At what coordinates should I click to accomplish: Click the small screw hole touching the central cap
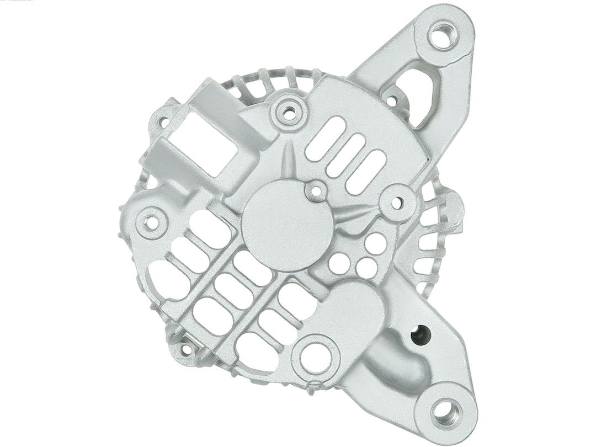point(316,191)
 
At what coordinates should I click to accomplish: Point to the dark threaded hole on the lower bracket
point(421,334)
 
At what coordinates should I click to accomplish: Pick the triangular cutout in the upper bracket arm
point(419,94)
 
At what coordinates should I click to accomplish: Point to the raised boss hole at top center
point(288,113)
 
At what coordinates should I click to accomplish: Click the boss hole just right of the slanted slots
point(397,203)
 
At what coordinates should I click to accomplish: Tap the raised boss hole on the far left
point(151,222)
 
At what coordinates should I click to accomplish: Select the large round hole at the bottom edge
point(316,357)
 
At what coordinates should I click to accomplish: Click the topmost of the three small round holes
point(375,243)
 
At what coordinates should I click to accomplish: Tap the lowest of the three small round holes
point(366,269)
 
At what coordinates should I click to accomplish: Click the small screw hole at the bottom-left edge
point(185,349)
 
